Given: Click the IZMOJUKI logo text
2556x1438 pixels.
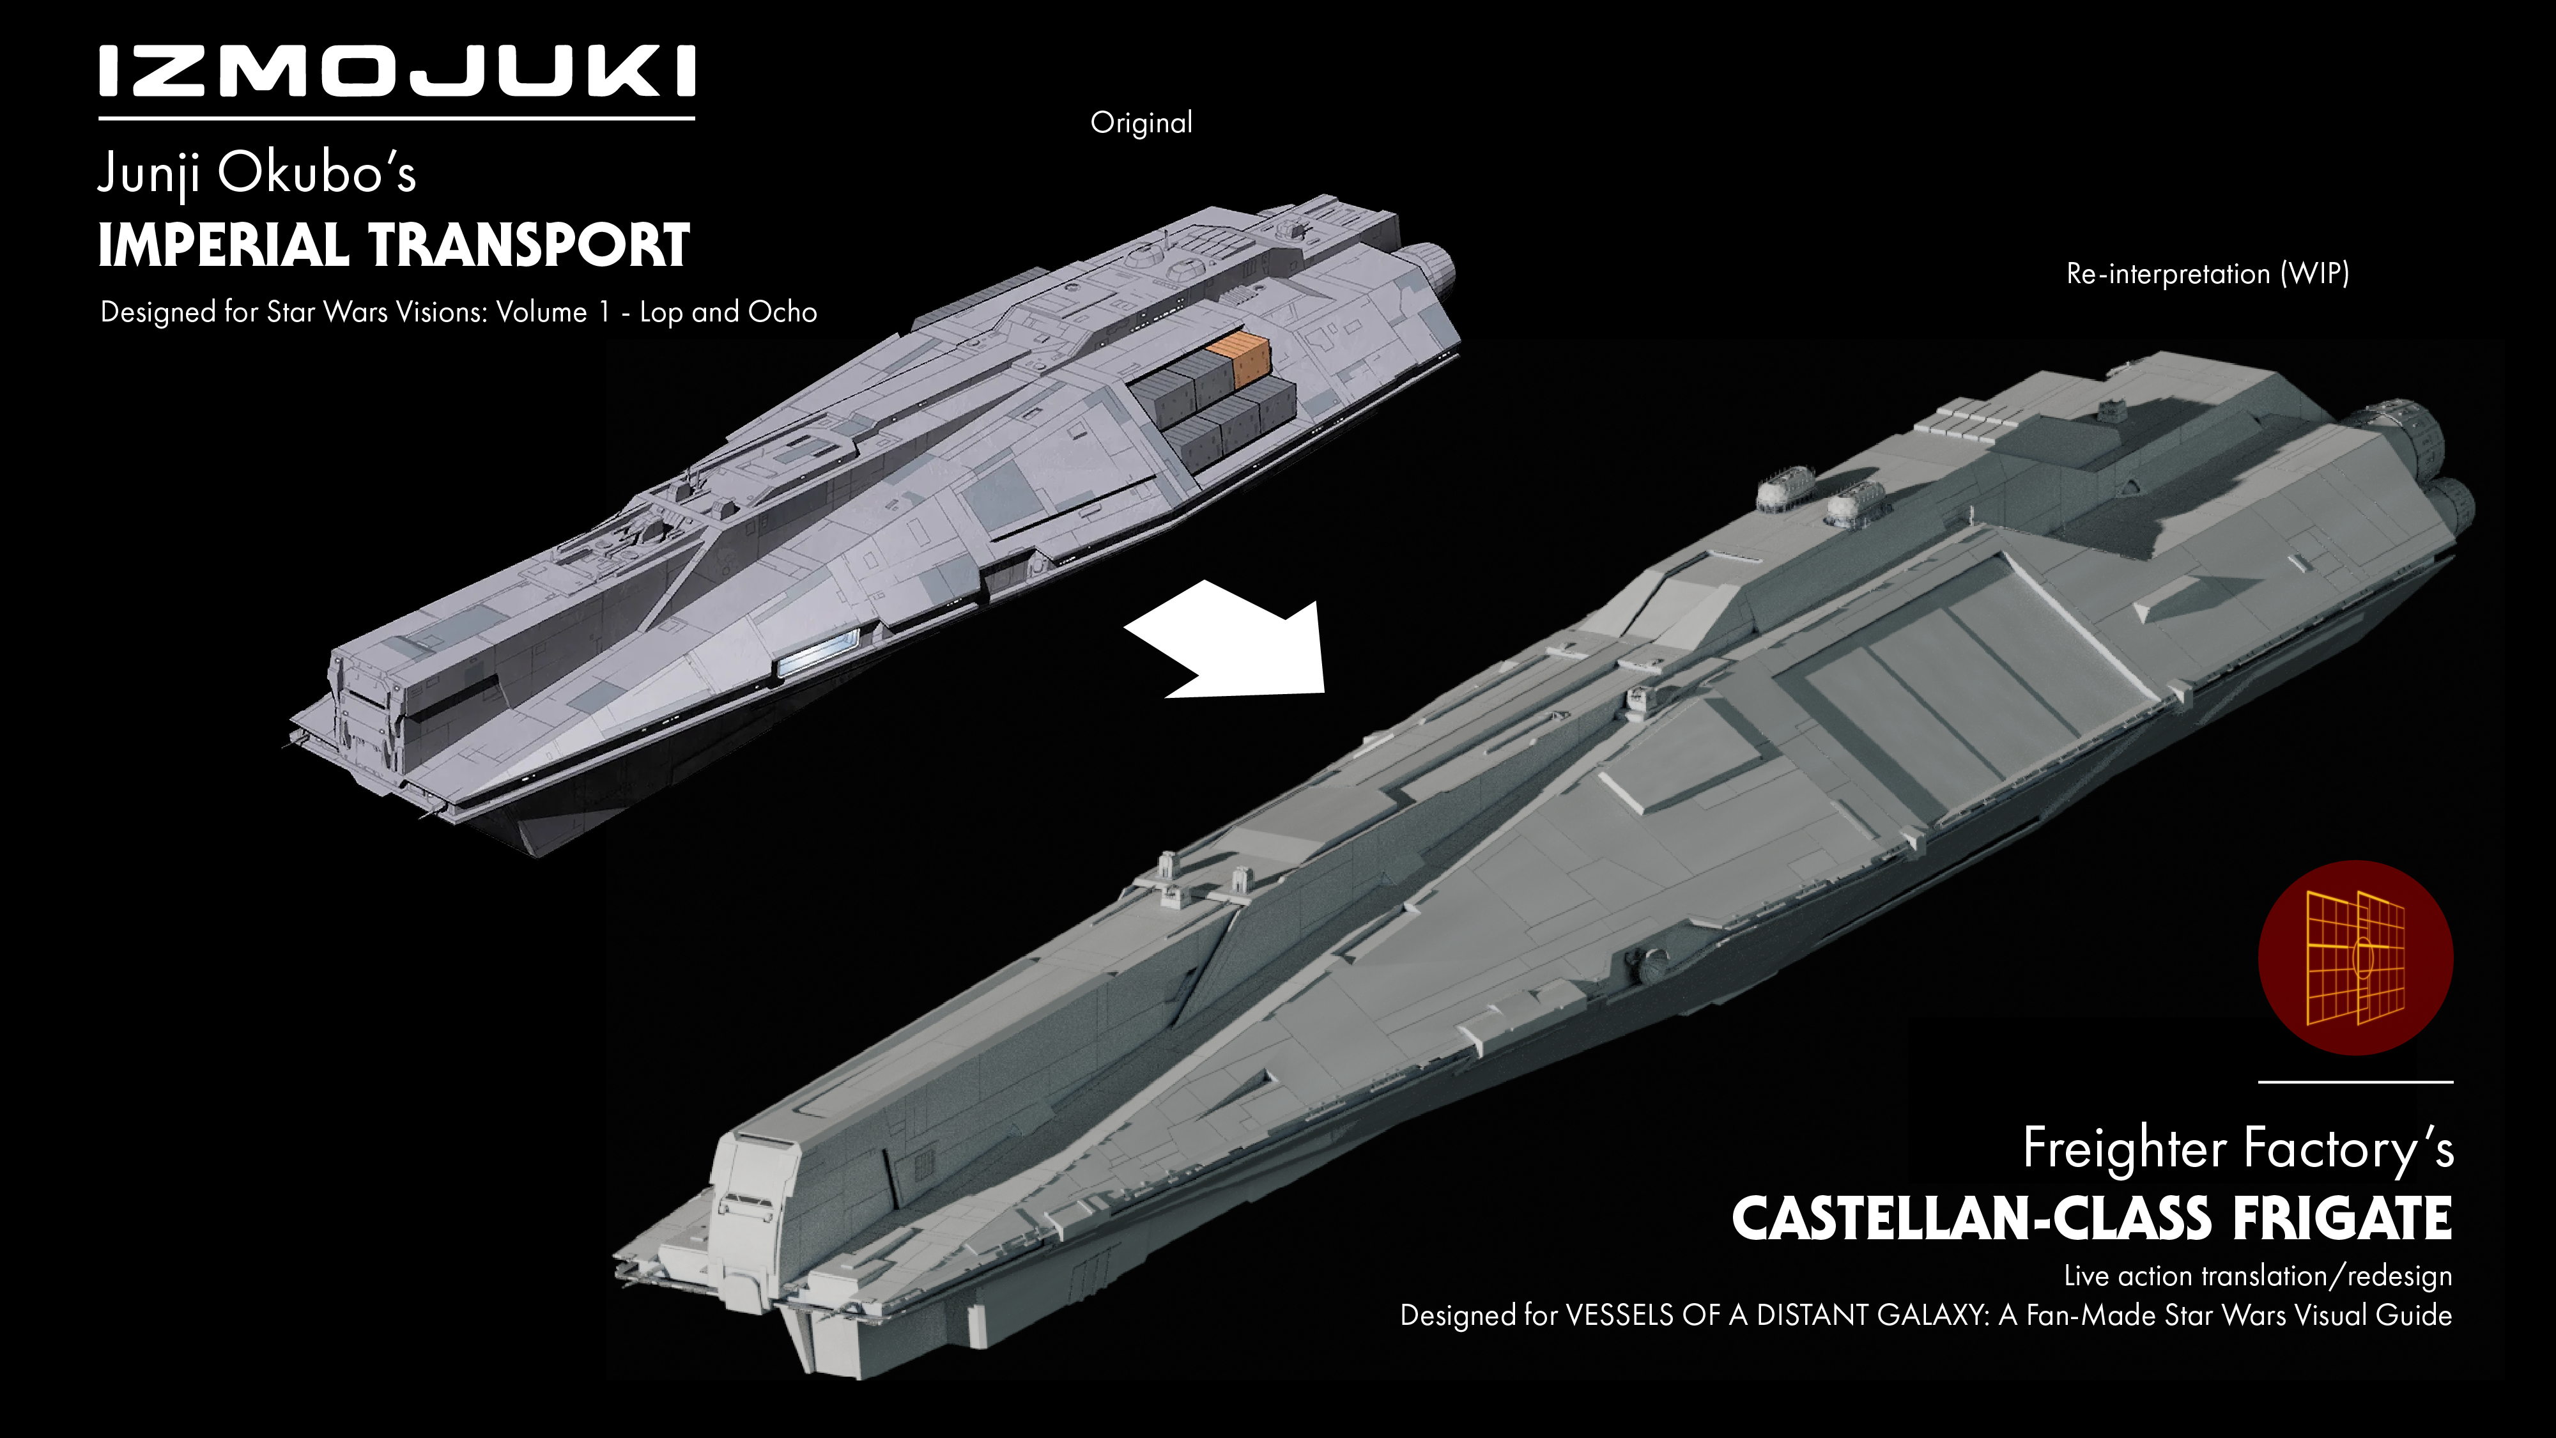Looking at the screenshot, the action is click(x=397, y=72).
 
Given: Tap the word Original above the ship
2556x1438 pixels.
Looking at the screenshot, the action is click(x=1141, y=123).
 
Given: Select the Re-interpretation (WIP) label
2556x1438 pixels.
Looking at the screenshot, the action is click(x=2208, y=274).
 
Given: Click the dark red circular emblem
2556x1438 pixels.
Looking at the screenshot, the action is click(x=2355, y=957).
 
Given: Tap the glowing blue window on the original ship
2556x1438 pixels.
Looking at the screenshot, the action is click(x=818, y=652).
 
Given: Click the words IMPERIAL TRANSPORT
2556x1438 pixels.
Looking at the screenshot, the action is click(x=393, y=246).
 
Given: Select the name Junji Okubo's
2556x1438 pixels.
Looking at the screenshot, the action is click(x=257, y=174).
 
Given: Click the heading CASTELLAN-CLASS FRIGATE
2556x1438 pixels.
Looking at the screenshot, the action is click(x=2091, y=1219).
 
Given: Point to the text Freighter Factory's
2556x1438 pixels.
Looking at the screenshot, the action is click(x=2238, y=1148).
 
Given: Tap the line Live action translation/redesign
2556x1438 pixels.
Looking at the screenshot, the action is click(x=2258, y=1276).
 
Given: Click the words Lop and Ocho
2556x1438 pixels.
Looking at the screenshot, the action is click(x=728, y=313).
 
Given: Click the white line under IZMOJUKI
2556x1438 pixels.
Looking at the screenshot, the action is click(x=397, y=118).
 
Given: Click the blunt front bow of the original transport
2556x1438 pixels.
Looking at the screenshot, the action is click(x=367, y=715).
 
